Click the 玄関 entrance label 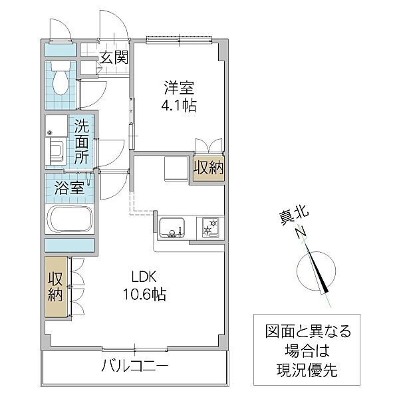[x=114, y=57]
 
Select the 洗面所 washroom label [x=81, y=141]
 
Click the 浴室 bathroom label [x=69, y=187]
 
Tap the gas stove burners [x=211, y=227]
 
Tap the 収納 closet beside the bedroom [x=207, y=167]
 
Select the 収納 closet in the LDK [x=56, y=287]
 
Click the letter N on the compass [x=301, y=234]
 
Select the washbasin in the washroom [x=56, y=149]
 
